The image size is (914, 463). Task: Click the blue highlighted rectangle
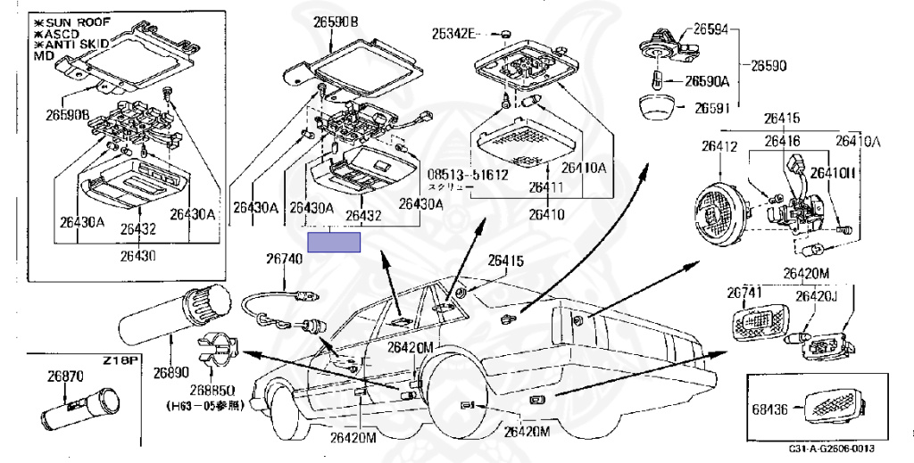point(334,241)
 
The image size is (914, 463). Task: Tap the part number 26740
point(285,260)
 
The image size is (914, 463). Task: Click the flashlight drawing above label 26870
point(82,409)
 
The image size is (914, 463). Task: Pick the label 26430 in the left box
point(138,254)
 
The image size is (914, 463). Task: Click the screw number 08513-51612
point(467,175)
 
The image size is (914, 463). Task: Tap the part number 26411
point(545,187)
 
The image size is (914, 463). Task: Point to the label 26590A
point(707,81)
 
